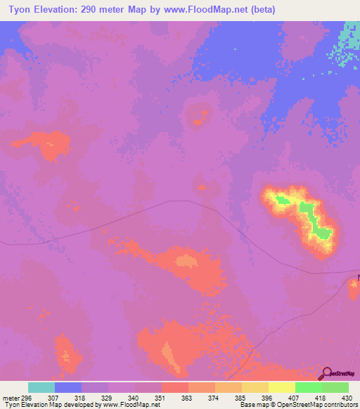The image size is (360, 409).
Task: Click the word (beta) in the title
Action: (260, 10)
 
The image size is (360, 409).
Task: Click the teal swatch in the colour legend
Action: (41, 387)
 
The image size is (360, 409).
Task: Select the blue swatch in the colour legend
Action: (68, 387)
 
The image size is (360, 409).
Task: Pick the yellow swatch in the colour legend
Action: (281, 387)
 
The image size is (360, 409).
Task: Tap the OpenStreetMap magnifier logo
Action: (326, 373)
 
